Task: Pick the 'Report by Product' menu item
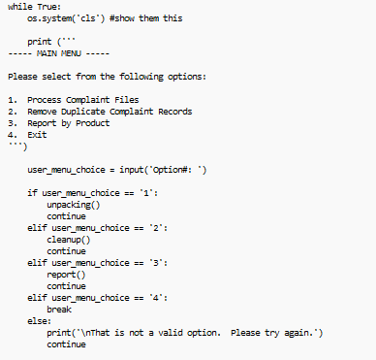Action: coord(68,122)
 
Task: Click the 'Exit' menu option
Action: coord(37,134)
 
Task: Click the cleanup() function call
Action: coord(68,240)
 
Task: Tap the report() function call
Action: coord(66,275)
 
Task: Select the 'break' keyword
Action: coord(59,310)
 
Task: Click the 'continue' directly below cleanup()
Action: coord(66,251)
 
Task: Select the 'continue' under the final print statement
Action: coord(66,344)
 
